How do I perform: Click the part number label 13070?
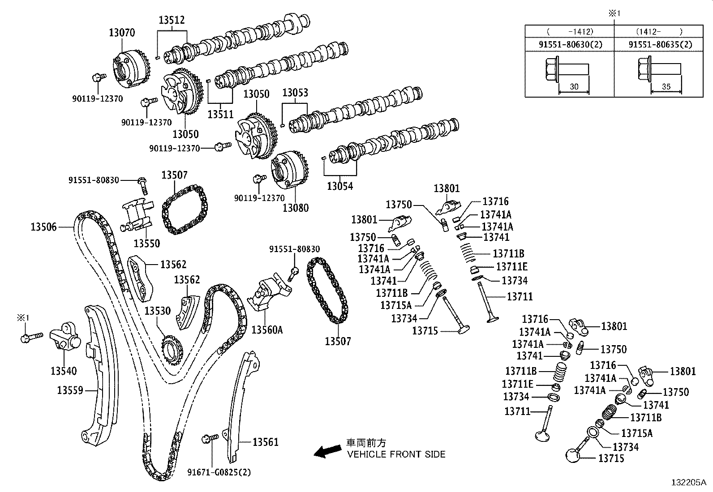click(121, 33)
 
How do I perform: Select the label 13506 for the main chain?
click(43, 227)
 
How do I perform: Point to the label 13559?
click(70, 390)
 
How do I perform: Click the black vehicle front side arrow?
click(327, 452)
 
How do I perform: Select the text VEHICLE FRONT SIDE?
click(396, 454)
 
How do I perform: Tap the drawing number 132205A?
click(688, 483)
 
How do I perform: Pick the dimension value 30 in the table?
click(574, 87)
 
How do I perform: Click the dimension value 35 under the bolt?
click(666, 87)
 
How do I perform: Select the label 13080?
click(296, 208)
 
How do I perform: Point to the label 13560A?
click(267, 330)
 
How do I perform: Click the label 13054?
click(340, 186)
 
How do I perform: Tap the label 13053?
click(295, 93)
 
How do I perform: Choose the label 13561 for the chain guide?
click(265, 442)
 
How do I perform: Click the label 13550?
click(147, 243)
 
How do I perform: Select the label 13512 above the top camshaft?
click(172, 20)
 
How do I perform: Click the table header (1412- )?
click(659, 31)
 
